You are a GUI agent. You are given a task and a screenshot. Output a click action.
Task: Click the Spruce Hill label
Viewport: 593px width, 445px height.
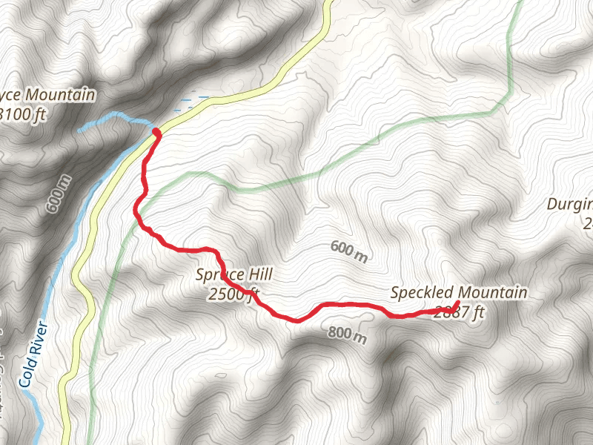234,275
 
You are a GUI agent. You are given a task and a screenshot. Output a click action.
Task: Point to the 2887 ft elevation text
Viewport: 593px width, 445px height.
460,312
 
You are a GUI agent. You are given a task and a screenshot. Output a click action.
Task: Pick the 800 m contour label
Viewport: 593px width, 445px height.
348,335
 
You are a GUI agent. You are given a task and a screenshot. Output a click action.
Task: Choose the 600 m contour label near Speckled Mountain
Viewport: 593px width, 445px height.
349,252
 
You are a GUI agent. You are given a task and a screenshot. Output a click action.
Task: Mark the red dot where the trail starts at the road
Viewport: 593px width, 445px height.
156,133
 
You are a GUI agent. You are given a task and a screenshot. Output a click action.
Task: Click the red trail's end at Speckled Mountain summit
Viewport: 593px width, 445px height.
457,304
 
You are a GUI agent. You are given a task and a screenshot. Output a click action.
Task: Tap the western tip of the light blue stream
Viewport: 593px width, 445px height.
80,131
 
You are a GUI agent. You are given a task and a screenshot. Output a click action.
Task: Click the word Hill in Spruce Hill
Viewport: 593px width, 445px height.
258,275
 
